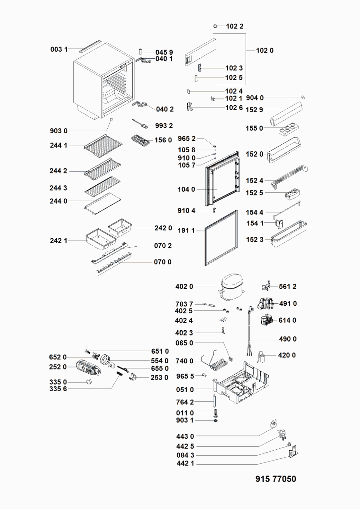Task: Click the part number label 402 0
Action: [184, 286]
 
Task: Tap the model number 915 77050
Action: [275, 479]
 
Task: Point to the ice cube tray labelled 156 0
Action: [140, 140]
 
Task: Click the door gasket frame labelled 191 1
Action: [221, 238]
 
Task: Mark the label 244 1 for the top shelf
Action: [58, 145]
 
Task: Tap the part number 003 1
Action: [59, 49]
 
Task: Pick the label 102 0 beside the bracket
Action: [265, 51]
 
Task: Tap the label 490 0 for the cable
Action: [287, 339]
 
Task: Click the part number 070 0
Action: [163, 262]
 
